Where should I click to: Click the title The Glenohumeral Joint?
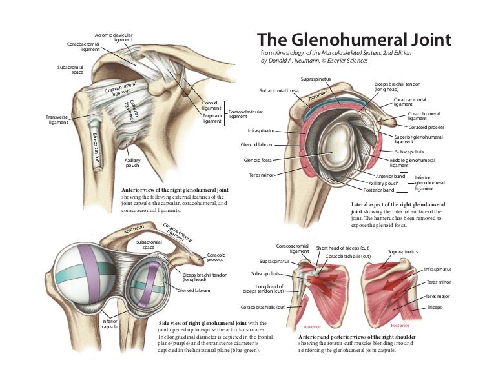coord(354,40)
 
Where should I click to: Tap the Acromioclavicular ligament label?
coord(114,37)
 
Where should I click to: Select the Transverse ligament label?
coord(59,120)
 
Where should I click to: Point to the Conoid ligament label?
coord(211,105)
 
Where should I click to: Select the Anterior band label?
coord(391,176)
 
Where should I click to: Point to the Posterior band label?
coord(378,190)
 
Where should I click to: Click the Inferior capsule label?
coord(110,324)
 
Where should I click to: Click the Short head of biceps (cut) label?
coord(342,248)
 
